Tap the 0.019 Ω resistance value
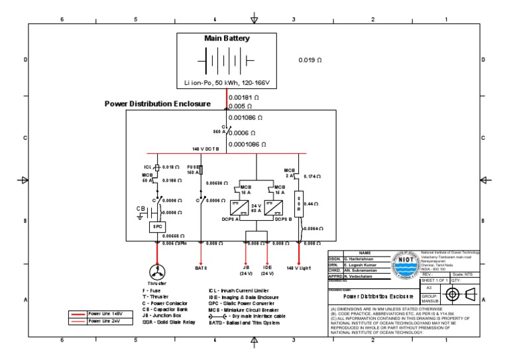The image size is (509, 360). (310, 60)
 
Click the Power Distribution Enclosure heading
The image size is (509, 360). (158, 104)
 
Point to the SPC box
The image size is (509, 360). (158, 226)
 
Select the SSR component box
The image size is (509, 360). (298, 205)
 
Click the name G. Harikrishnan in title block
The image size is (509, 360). (363, 258)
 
